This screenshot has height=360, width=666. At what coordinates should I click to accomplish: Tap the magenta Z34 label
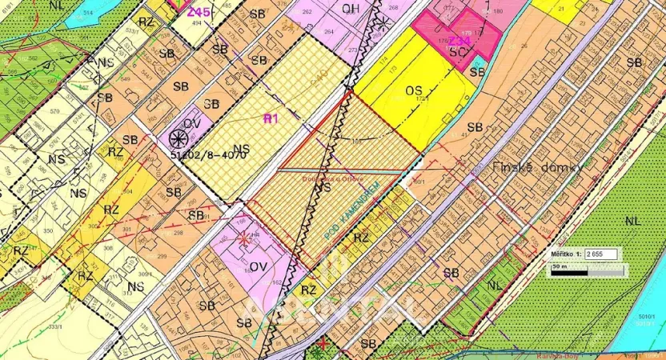pyautogui.click(x=459, y=40)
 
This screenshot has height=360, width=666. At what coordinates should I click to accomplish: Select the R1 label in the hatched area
pyautogui.click(x=270, y=118)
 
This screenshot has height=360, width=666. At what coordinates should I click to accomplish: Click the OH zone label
pyautogui.click(x=350, y=9)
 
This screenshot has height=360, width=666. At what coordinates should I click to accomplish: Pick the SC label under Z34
pyautogui.click(x=458, y=52)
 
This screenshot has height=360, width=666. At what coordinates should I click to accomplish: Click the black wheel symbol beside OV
pyautogui.click(x=177, y=139)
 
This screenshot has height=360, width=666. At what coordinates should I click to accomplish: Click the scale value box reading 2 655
pyautogui.click(x=603, y=253)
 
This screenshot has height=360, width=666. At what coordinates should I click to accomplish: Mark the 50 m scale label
pyautogui.click(x=559, y=263)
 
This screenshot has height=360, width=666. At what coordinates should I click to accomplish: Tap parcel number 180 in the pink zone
pyautogui.click(x=498, y=12)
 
